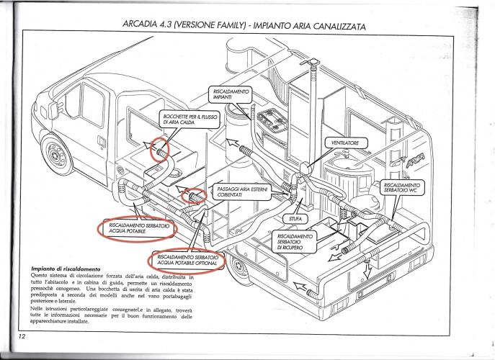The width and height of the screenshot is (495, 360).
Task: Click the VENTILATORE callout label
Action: (344, 143)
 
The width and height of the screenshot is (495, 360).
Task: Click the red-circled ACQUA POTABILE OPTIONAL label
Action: (187, 260)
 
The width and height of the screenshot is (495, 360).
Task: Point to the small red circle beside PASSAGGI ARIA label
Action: (194, 195)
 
